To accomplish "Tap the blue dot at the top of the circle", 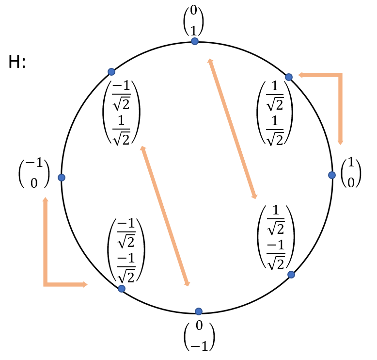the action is pyautogui.click(x=195, y=41).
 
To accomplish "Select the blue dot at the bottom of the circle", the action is pyautogui.click(x=198, y=311).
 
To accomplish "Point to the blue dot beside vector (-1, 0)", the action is pyautogui.click(x=62, y=178).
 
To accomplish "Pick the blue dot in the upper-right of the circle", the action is pyautogui.click(x=289, y=77).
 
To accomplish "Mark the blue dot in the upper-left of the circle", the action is pyautogui.click(x=111, y=72).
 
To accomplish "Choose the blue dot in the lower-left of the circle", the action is pyautogui.click(x=121, y=289).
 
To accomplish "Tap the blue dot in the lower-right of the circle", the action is pyautogui.click(x=291, y=275).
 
